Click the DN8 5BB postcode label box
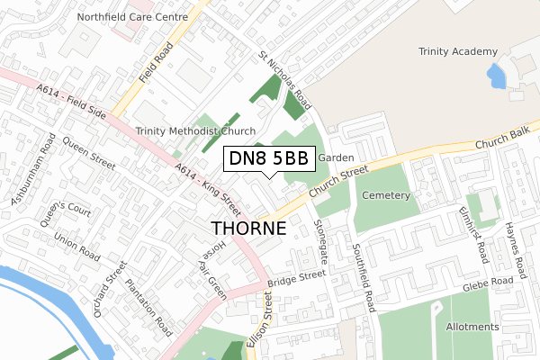268,159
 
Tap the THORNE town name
248,229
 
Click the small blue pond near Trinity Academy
495,76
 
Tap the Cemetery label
385,195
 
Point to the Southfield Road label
367,277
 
